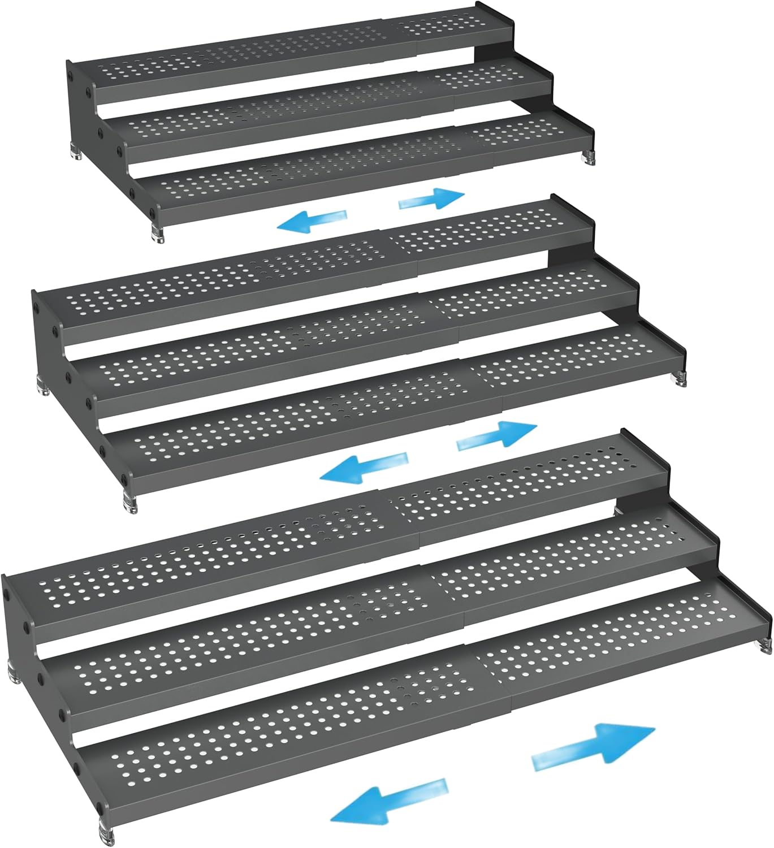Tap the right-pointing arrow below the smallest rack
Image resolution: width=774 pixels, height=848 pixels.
432,198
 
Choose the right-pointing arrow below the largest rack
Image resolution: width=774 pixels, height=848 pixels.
594,746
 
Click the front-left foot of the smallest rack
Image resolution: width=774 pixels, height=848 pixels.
158,235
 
